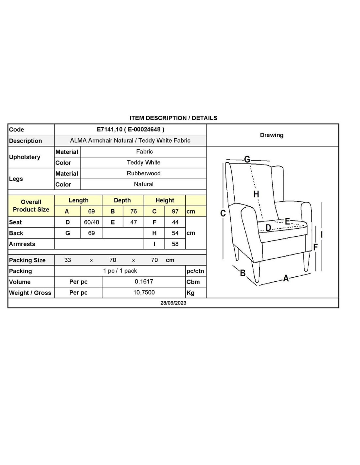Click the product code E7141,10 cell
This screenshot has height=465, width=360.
point(130,129)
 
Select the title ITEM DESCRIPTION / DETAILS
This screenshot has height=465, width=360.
point(173,118)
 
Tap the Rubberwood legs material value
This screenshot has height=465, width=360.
point(143,173)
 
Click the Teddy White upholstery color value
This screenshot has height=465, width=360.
point(143,163)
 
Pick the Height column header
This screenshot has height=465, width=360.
point(165,200)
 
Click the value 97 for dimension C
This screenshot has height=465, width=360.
point(175,212)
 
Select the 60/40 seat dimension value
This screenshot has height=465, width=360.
point(91,222)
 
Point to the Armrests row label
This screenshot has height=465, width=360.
point(22,244)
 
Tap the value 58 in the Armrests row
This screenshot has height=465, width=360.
point(175,244)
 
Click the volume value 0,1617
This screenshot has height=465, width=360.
point(144,282)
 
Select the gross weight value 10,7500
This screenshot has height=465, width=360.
point(144,292)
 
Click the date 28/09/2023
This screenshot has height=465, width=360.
point(173,303)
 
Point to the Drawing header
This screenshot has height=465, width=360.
point(272,135)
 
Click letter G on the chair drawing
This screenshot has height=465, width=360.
point(247,159)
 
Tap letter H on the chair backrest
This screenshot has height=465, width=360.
point(256,194)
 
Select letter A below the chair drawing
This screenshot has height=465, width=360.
point(286,278)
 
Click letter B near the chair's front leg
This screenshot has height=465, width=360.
point(243,273)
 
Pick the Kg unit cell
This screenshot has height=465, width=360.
point(190,293)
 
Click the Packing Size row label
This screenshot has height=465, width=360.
point(27,260)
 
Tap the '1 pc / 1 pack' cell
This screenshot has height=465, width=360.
point(120,271)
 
